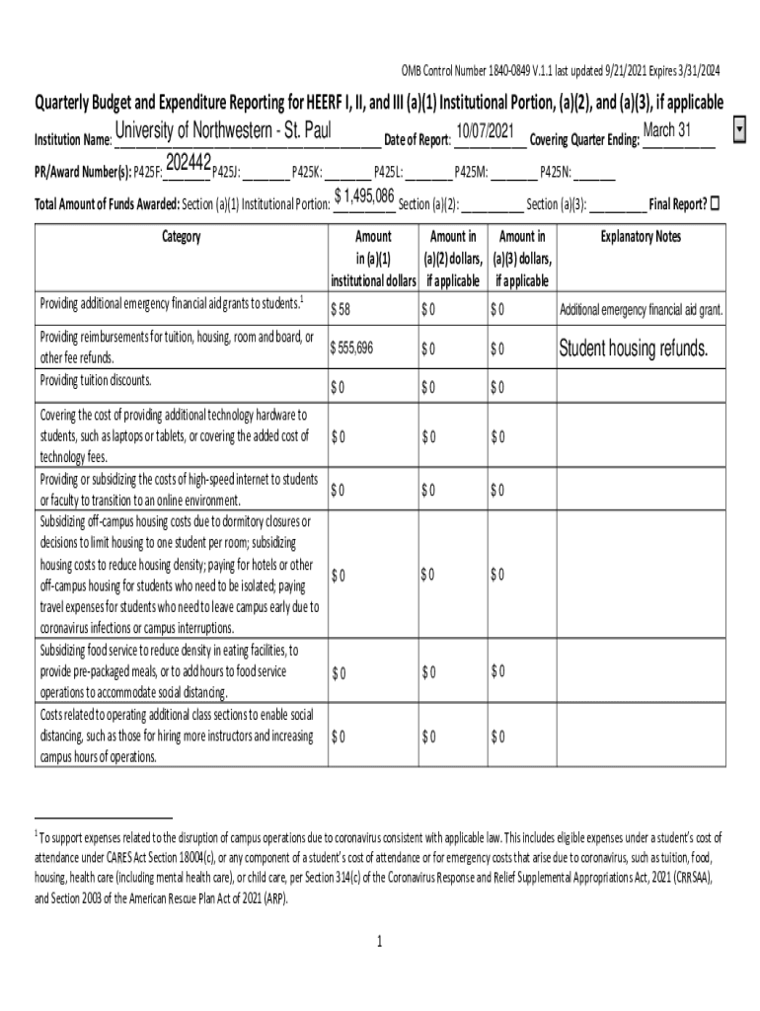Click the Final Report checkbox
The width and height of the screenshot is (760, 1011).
pyautogui.click(x=716, y=204)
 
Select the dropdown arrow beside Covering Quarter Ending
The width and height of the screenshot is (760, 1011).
pyautogui.click(x=740, y=131)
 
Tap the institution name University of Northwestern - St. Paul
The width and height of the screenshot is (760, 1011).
pyautogui.click(x=222, y=132)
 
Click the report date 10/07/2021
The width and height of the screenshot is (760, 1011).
pyautogui.click(x=485, y=132)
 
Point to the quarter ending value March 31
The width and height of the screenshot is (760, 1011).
pyautogui.click(x=666, y=131)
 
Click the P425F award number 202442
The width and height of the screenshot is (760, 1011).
pyautogui.click(x=188, y=163)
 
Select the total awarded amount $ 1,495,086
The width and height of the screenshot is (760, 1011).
pyautogui.click(x=365, y=196)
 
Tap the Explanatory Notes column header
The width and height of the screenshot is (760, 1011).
pyautogui.click(x=641, y=237)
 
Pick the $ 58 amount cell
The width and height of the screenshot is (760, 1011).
pyautogui.click(x=342, y=310)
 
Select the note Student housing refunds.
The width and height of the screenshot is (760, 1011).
pyautogui.click(x=633, y=350)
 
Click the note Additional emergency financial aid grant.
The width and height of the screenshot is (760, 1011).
pyautogui.click(x=642, y=310)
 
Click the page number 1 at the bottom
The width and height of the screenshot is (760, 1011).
pyautogui.click(x=379, y=942)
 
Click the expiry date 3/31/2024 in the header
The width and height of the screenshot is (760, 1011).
pyautogui.click(x=692, y=70)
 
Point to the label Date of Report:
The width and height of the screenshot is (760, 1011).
pyautogui.click(x=417, y=139)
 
